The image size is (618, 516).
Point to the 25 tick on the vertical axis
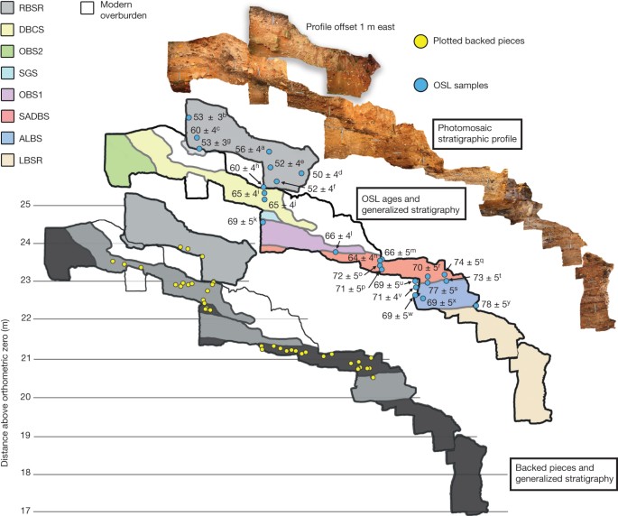(x=24, y=205)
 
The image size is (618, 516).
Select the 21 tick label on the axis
(x=24, y=359)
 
